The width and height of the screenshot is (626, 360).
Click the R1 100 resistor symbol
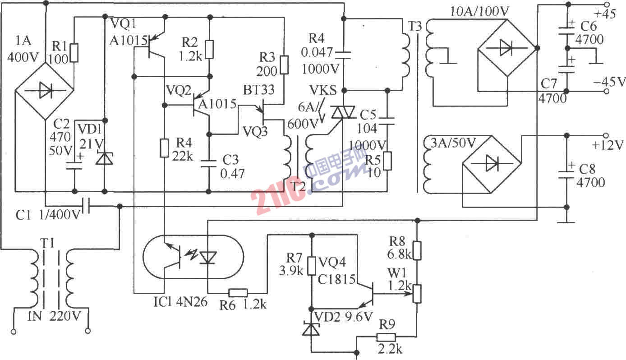point(75,53)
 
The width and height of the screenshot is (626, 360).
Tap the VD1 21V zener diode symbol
point(105,158)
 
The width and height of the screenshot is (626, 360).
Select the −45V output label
point(608,82)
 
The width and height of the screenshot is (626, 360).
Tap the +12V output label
point(608,145)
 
